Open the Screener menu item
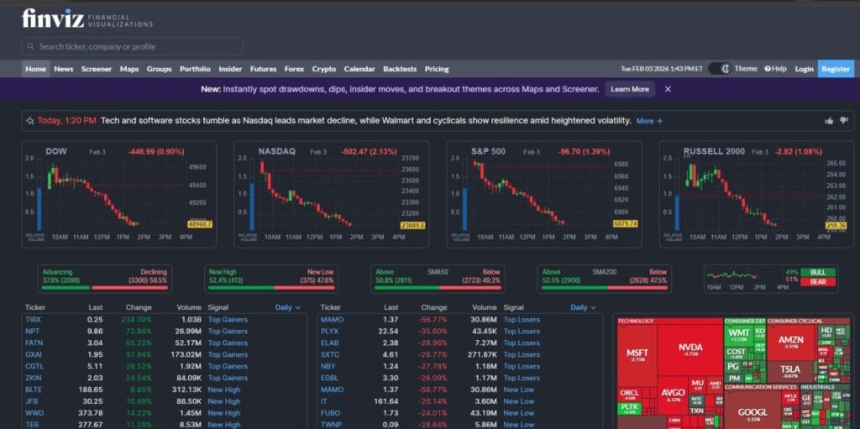(x=96, y=69)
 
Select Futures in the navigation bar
(x=263, y=69)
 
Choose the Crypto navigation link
(x=323, y=69)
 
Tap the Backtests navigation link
(x=399, y=69)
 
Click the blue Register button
(x=836, y=69)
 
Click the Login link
(x=804, y=69)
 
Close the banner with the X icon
(x=668, y=89)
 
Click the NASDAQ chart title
(x=276, y=151)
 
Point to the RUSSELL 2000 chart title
(x=714, y=151)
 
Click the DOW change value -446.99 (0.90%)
(x=155, y=152)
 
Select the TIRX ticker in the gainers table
(x=33, y=320)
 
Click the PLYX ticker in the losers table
(x=331, y=332)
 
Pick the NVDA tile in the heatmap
(x=690, y=348)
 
